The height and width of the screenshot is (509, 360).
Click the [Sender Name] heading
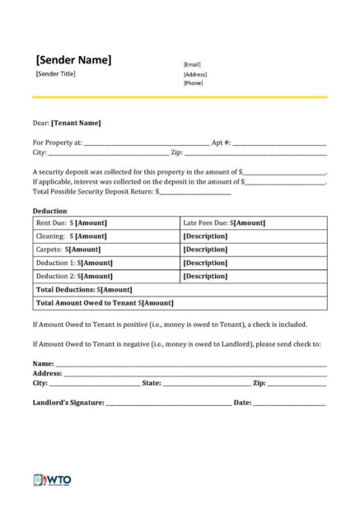click(73, 59)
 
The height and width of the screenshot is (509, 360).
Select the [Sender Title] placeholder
click(55, 74)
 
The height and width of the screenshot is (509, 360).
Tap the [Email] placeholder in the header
click(192, 64)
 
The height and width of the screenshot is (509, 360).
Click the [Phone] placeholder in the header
click(193, 82)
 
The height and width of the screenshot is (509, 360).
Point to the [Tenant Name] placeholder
click(76, 123)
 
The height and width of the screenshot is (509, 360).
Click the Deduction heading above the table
click(49, 211)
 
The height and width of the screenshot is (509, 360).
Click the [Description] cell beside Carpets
click(205, 250)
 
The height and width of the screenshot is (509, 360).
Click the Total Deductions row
click(83, 289)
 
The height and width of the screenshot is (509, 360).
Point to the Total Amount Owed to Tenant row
click(105, 302)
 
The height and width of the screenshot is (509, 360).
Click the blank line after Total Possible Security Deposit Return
click(194, 192)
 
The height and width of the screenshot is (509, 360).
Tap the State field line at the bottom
click(206, 384)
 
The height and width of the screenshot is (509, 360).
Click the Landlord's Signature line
click(168, 403)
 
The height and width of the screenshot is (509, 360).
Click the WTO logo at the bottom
click(54, 479)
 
